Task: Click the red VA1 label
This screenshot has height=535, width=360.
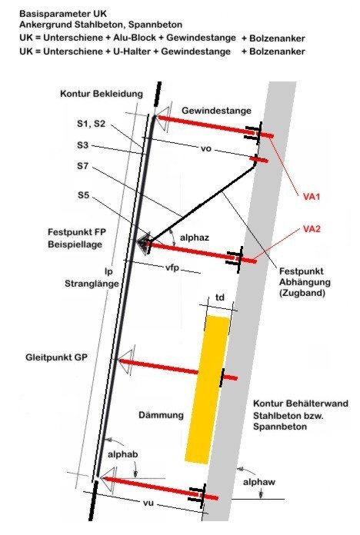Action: pyautogui.click(x=312, y=197)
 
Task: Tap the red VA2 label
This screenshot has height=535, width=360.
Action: pyautogui.click(x=312, y=229)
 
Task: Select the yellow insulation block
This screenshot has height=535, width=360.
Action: pyautogui.click(x=207, y=390)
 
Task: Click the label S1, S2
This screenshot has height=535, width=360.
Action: pyautogui.click(x=92, y=124)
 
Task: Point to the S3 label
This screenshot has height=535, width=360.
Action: pyautogui.click(x=82, y=145)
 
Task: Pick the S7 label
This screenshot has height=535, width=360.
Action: pyautogui.click(x=82, y=166)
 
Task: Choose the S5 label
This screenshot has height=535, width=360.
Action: pyautogui.click(x=83, y=195)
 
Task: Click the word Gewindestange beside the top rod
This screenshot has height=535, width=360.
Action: pyautogui.click(x=217, y=111)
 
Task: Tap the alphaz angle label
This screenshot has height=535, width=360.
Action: pyautogui.click(x=195, y=238)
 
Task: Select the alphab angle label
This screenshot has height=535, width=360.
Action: pyautogui.click(x=122, y=454)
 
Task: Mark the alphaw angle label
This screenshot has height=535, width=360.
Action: pyautogui.click(x=259, y=482)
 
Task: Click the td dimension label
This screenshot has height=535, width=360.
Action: pyautogui.click(x=220, y=297)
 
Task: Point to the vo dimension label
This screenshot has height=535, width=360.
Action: pyautogui.click(x=206, y=149)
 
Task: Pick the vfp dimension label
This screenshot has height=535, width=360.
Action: pyautogui.click(x=172, y=268)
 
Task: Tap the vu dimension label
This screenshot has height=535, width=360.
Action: pyautogui.click(x=148, y=503)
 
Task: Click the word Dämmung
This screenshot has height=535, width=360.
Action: pyautogui.click(x=162, y=415)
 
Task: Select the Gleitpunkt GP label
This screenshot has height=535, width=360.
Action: pyautogui.click(x=56, y=357)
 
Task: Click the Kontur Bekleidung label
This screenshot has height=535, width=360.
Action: pyautogui.click(x=102, y=94)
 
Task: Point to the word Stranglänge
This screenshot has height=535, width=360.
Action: pyautogui.click(x=92, y=284)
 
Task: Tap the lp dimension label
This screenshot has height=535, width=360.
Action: pyautogui.click(x=108, y=272)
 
